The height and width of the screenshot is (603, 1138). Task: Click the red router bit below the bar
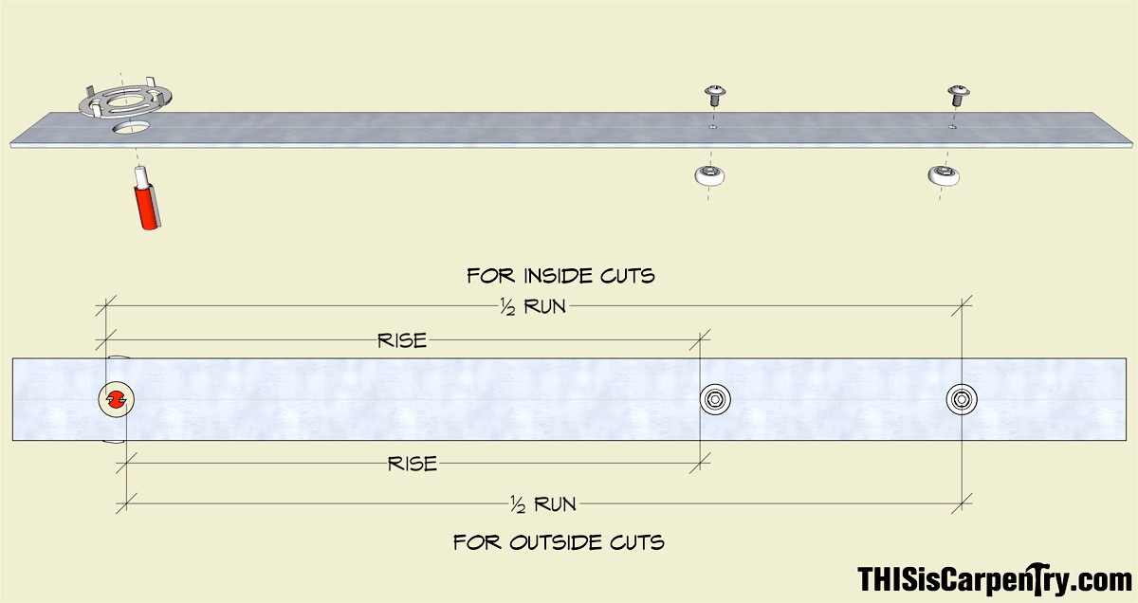pos(148,206)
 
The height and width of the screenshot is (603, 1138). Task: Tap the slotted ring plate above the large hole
pos(125,100)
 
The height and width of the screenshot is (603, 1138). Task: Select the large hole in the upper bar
pos(132,127)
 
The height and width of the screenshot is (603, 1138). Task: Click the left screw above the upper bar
pos(715,96)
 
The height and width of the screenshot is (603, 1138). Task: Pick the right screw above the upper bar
pos(958,96)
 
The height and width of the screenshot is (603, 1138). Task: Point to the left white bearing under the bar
pos(709,175)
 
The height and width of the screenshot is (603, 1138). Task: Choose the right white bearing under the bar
pos(944,175)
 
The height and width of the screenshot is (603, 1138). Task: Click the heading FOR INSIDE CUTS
pos(560,276)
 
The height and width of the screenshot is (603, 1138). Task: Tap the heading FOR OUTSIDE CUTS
pos(559,542)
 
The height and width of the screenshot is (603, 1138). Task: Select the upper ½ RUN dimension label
pos(532,307)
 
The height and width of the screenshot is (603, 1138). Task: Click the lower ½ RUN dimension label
pos(543,504)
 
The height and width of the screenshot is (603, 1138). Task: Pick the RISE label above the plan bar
pos(402,340)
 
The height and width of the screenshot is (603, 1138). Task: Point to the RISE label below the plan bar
pos(412,464)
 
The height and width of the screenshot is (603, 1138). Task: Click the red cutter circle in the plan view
pos(117,399)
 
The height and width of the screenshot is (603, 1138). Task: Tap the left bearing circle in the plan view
pos(715,399)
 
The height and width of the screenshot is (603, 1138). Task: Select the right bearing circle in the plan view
pos(962,399)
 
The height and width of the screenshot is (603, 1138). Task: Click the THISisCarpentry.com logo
pos(995,579)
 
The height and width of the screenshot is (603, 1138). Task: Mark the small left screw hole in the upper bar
pos(713,127)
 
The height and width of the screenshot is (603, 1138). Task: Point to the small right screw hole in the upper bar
pos(952,127)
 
